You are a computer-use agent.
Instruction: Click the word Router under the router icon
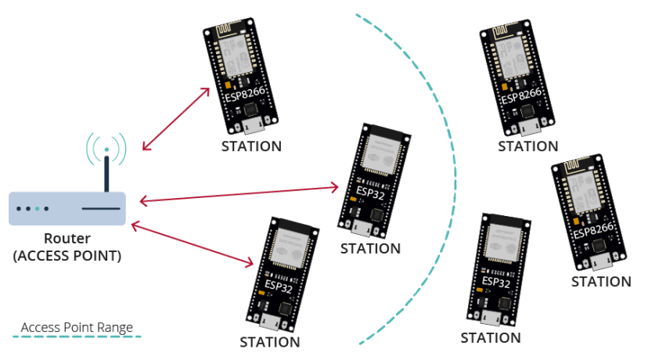67,239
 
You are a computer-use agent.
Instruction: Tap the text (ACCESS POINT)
67,256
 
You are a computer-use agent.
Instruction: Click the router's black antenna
106,174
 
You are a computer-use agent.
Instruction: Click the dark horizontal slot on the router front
101,210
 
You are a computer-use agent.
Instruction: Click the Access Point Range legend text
77,327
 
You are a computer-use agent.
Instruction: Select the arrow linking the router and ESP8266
176,119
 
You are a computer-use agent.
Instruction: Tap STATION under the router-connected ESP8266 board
251,146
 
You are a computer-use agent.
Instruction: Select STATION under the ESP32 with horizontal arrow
370,248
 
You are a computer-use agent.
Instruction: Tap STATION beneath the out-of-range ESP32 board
491,338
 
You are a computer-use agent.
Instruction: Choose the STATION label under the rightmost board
601,282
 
